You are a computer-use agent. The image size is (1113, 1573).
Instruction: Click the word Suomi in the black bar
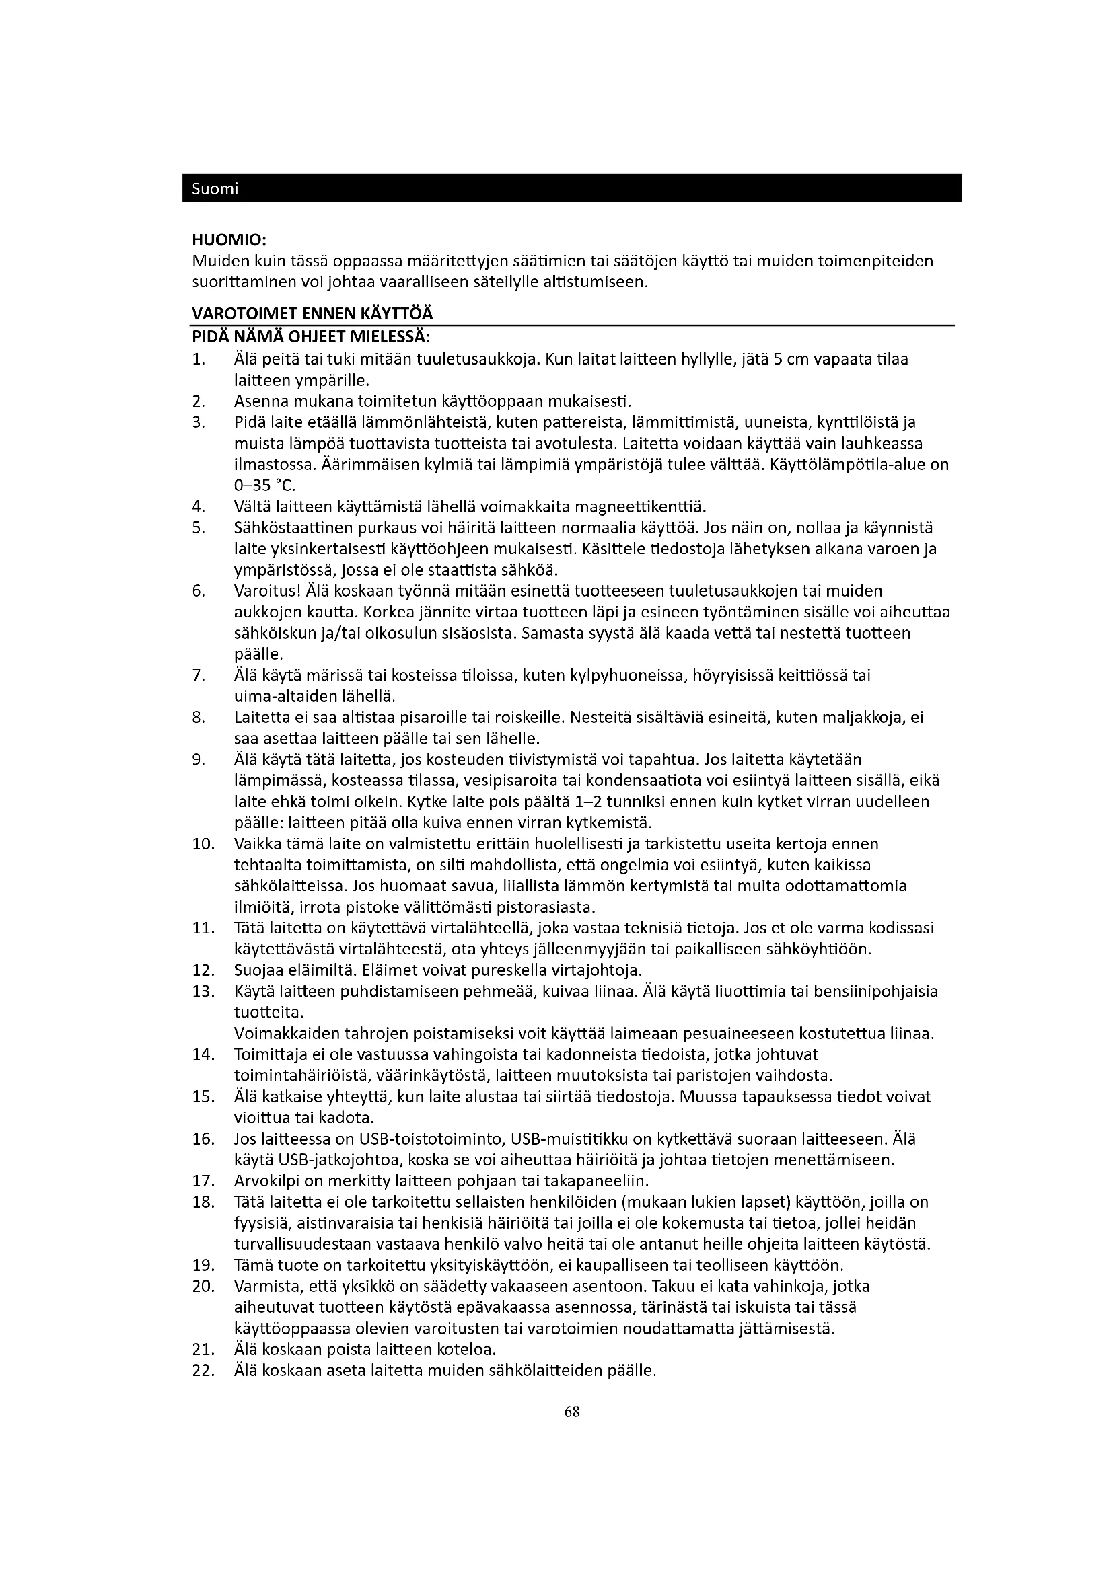pyautogui.click(x=215, y=189)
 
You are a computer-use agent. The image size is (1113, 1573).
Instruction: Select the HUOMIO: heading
pyautogui.click(x=229, y=241)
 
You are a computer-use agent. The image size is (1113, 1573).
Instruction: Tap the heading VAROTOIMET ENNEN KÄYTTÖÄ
pyautogui.click(x=312, y=314)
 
